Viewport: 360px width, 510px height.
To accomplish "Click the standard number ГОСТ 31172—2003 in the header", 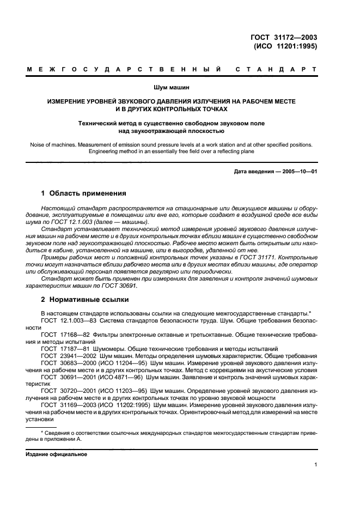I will (x=284, y=37).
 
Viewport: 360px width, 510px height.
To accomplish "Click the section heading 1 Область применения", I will (x=84, y=193).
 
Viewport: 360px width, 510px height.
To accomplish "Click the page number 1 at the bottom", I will (x=315, y=464).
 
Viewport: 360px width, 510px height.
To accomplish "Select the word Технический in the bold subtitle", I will (x=99, y=123).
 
